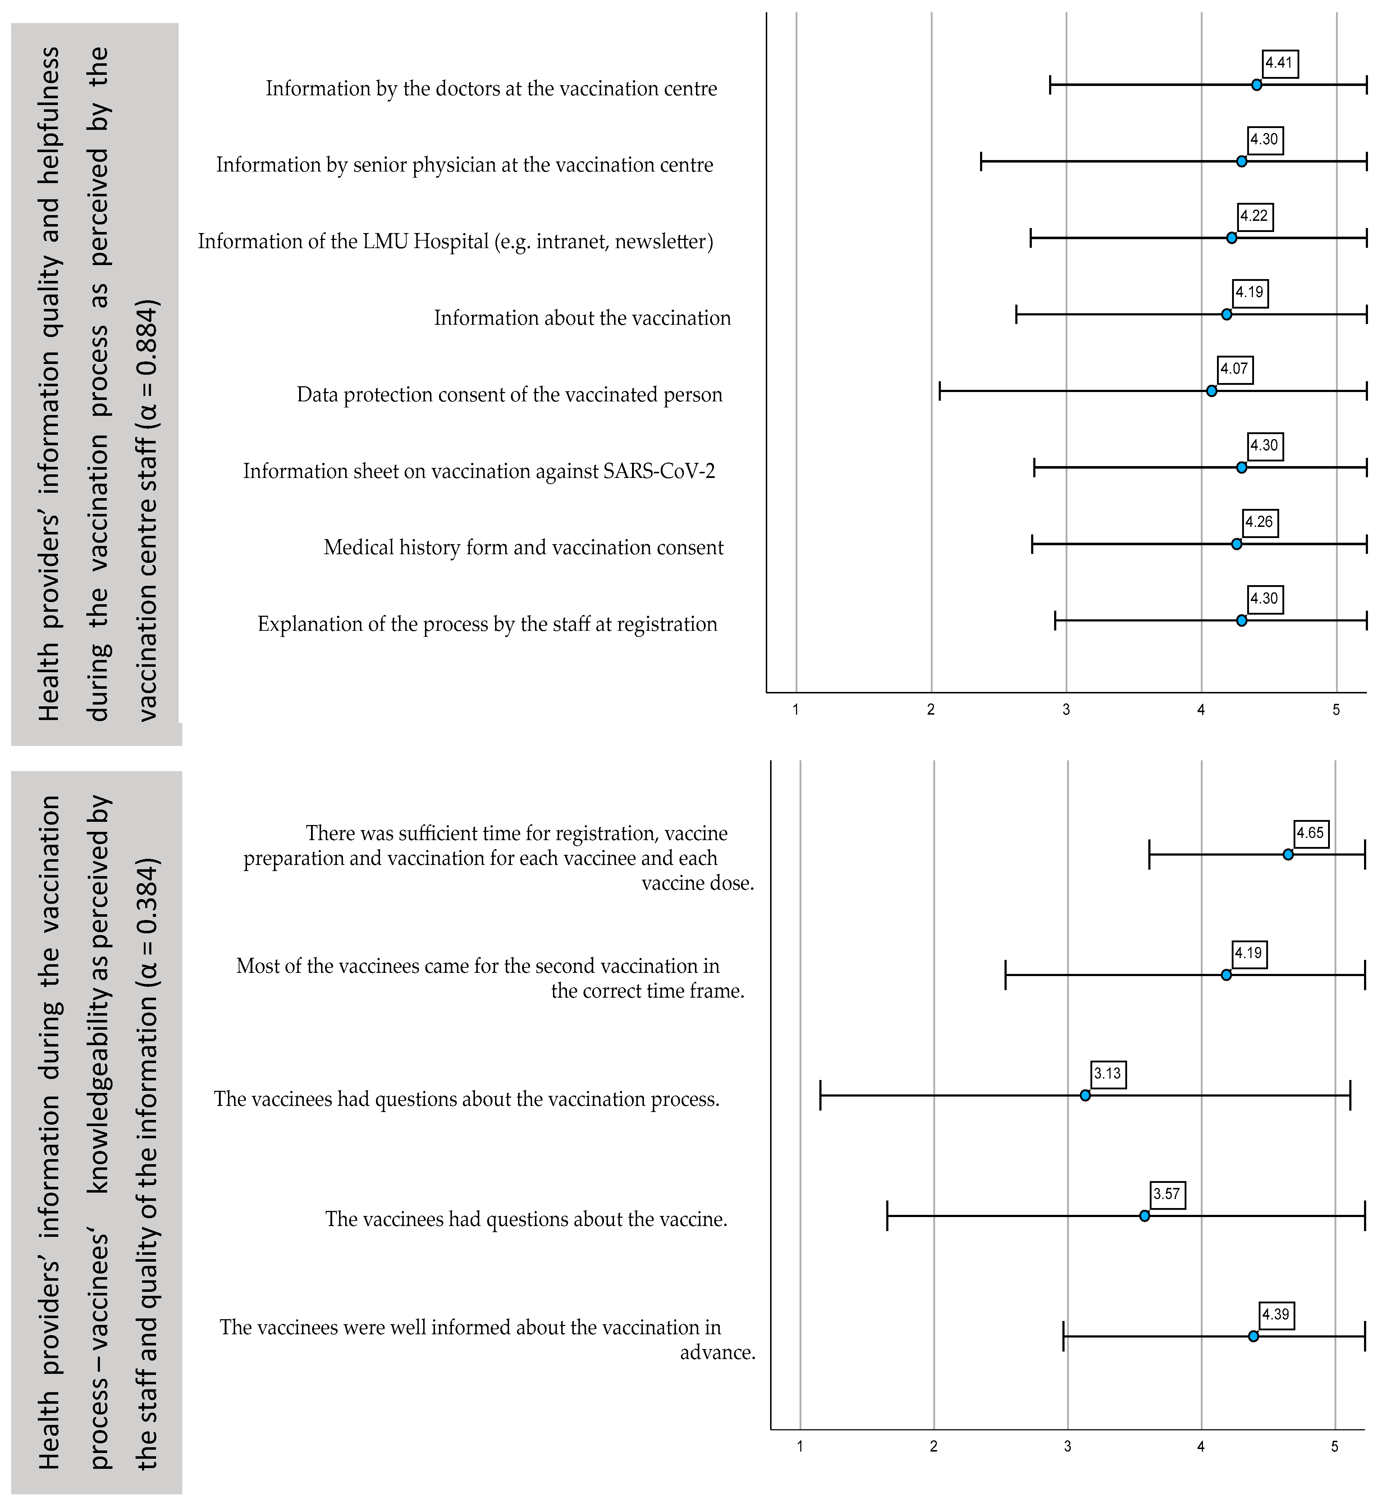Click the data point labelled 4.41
tap(1257, 85)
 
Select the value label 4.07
tap(1234, 369)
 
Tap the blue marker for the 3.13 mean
tap(1085, 1095)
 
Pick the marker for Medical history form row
tap(1236, 544)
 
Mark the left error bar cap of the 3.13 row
tap(820, 1095)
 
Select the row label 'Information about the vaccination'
tap(582, 318)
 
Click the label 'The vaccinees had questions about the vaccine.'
tap(526, 1219)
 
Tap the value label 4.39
tap(1276, 1314)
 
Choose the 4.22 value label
tap(1254, 216)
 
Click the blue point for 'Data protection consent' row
tap(1212, 391)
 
